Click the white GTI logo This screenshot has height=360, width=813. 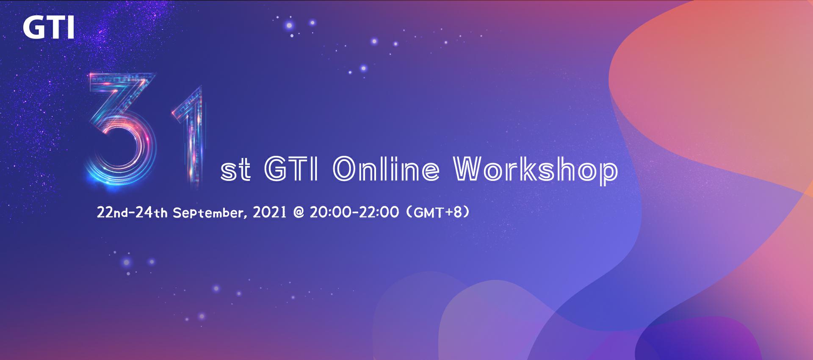click(x=49, y=28)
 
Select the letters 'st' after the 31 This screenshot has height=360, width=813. click(x=235, y=171)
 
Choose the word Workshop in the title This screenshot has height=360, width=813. click(x=536, y=171)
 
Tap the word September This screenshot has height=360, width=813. click(x=209, y=213)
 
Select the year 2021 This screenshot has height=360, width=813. click(x=270, y=212)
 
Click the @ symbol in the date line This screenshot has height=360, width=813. click(x=299, y=212)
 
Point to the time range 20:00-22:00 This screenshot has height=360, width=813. click(x=354, y=212)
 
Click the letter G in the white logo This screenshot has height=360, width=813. click(x=32, y=28)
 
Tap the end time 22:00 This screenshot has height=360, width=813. click(x=379, y=212)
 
